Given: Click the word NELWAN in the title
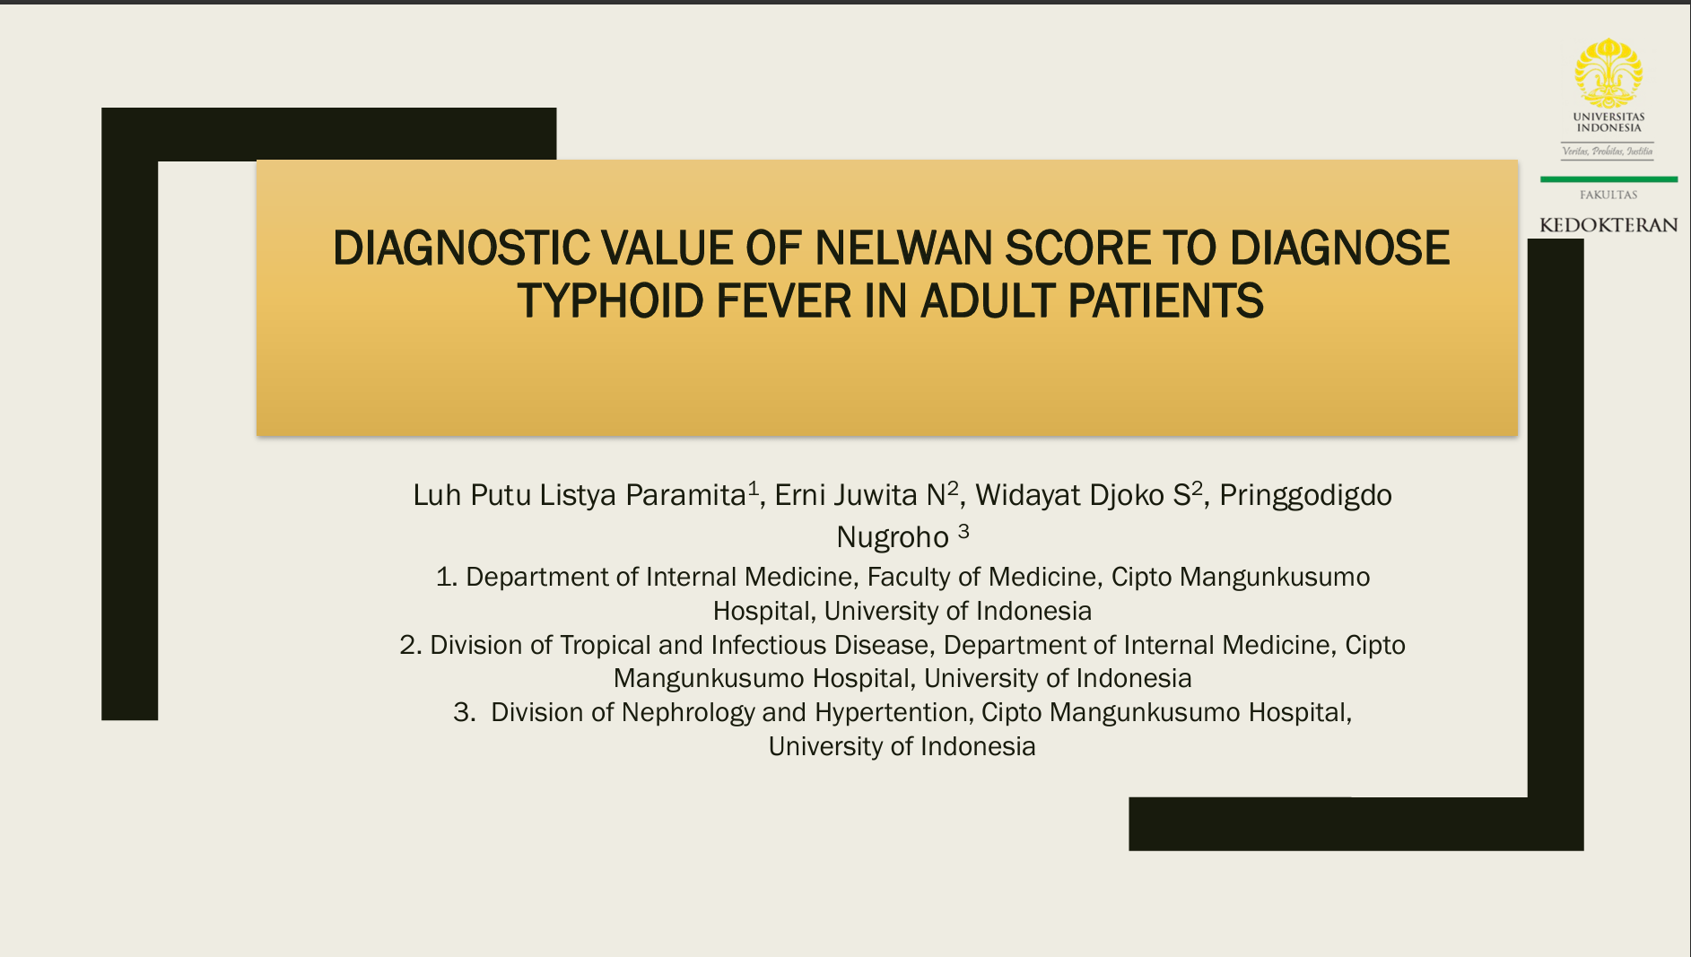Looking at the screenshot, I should point(904,248).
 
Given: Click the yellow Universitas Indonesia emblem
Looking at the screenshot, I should point(1608,74).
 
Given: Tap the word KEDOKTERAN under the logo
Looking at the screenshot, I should point(1608,225).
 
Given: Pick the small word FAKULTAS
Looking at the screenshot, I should point(1608,195).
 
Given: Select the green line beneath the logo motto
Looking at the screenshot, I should point(1608,179).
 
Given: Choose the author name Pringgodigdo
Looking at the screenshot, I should point(1305,495).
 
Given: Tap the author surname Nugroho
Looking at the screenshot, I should point(892,537).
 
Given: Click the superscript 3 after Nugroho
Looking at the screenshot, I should point(963,531).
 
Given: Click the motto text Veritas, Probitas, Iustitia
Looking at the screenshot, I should point(1608,152).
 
